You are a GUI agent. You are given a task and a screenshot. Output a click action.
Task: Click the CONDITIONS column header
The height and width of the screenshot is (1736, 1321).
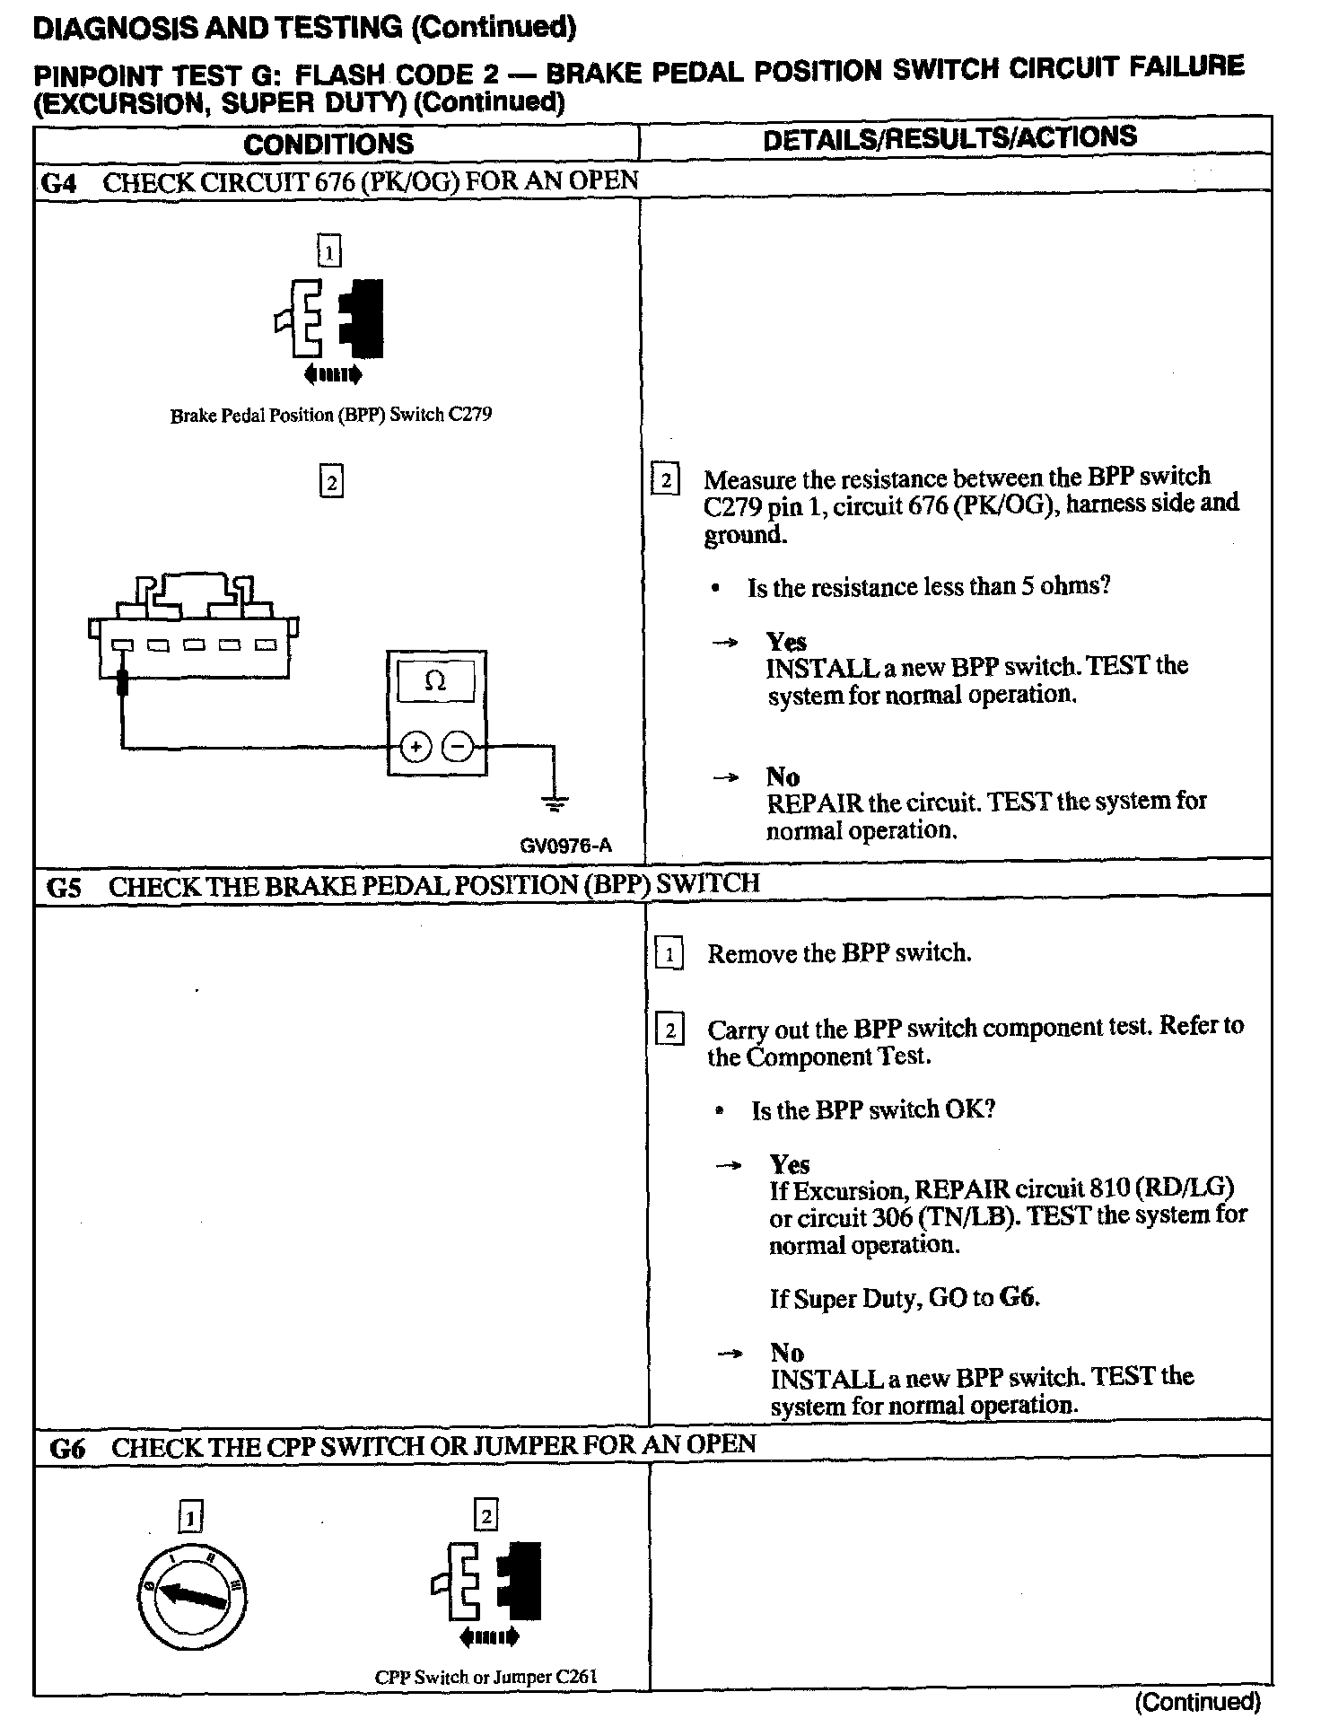point(328,144)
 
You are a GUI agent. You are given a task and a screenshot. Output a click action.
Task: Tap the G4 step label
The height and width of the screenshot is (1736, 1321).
point(59,183)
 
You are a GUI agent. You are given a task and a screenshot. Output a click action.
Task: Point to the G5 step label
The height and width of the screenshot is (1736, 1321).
point(64,888)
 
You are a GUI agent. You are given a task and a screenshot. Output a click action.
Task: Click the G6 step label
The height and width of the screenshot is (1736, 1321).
point(67,1448)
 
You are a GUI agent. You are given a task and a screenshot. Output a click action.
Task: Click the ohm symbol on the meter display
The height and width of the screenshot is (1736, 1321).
point(435,682)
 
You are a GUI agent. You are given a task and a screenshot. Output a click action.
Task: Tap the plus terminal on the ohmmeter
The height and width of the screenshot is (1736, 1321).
point(416,747)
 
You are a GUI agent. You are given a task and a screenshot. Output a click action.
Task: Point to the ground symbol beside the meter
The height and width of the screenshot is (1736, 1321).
point(555,802)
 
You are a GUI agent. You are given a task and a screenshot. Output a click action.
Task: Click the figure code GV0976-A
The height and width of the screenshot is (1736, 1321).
point(566,846)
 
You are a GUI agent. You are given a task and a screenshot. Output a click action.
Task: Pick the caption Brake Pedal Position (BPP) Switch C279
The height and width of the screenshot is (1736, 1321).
point(331,416)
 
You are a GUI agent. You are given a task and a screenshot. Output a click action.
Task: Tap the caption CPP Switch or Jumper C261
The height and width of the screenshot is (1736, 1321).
point(486,1677)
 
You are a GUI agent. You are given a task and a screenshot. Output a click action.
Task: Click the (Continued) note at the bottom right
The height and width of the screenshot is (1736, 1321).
point(1197,1702)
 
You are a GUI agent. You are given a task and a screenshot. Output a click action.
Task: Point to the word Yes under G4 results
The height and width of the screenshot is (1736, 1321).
point(786,642)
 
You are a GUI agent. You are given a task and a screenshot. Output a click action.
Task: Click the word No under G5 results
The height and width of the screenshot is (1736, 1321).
point(786,1353)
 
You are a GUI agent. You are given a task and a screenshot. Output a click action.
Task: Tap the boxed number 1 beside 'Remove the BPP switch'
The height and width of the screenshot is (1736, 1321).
point(669,954)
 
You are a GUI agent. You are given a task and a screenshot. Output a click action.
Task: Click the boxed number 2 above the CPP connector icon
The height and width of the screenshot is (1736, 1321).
point(486,1516)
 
